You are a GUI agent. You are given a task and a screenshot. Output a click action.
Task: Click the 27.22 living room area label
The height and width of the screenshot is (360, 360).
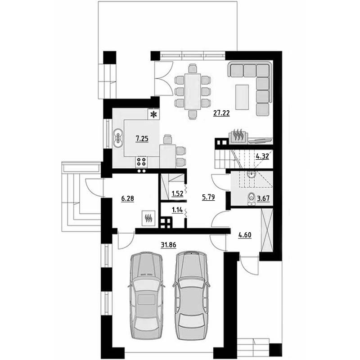pos(221,113)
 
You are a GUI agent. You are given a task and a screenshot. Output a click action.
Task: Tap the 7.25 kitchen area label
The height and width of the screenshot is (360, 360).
pos(142,139)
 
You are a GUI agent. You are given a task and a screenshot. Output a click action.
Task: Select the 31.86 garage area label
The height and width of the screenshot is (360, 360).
pos(168,245)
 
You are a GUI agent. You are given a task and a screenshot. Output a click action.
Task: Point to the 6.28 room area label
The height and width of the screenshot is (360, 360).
pos(127,198)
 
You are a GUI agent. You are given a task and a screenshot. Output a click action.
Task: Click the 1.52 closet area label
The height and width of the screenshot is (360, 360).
pos(177,194)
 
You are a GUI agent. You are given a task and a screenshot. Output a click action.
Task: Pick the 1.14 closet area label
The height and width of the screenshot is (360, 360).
pos(177,210)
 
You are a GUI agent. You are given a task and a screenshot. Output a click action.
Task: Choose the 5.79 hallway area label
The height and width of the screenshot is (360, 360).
pos(208,197)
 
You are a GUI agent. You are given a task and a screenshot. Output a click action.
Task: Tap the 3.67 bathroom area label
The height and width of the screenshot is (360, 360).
pos(263,198)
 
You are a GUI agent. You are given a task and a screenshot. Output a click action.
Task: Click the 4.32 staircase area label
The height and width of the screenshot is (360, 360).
pos(262,156)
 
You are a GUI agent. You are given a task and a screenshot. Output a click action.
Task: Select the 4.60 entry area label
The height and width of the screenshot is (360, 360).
pos(245,235)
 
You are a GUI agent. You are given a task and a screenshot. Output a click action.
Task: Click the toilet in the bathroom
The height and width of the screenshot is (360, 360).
pos(252,199)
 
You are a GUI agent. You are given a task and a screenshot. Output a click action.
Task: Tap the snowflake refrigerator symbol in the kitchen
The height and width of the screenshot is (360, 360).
pos(153,114)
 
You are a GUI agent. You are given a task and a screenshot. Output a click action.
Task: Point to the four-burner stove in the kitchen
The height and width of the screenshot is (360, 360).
pos(141,161)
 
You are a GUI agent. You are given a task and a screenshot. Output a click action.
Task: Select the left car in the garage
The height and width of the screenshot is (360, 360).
pos(146,296)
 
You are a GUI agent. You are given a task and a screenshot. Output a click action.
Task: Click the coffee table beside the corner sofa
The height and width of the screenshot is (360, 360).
pos(242,97)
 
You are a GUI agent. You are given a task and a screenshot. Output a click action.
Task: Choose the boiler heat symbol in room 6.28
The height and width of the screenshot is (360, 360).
pos(148,218)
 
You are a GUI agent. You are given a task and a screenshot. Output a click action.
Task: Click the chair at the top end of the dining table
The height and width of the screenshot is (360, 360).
pos(193,69)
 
